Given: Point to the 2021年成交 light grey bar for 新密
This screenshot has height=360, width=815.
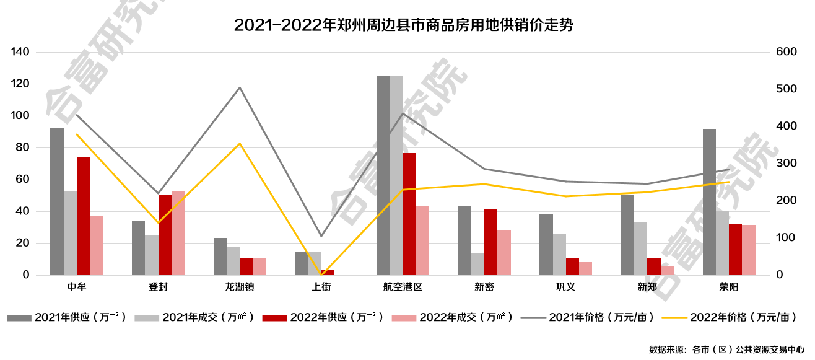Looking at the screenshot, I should pos(477,264).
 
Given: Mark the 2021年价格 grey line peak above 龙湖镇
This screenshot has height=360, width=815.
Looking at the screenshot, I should pos(240,87).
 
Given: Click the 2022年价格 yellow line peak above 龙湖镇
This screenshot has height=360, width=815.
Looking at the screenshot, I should pos(240,144).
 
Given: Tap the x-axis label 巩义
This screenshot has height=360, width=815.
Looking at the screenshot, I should pos(565,287).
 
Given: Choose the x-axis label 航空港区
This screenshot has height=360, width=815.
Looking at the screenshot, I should pos(403,287).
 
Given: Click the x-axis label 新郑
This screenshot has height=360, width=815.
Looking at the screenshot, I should pos(647,287).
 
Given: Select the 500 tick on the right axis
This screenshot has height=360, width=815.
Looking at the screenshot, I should pos(786,89).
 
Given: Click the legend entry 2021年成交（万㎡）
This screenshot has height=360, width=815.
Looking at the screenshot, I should pos(194,317).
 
